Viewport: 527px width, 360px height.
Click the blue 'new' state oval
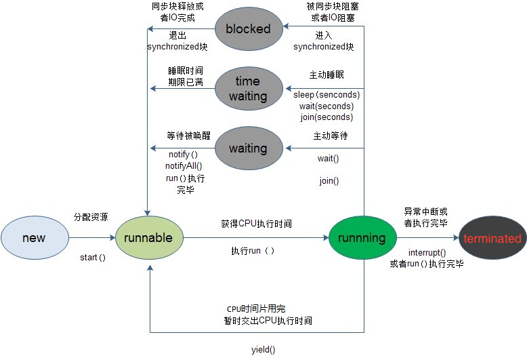pos(34,238)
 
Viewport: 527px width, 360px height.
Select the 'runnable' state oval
pos(149,238)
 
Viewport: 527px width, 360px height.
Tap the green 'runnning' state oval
pos(362,238)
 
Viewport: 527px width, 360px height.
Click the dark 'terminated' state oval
pos(492,238)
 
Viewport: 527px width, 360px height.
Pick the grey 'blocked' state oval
pos(248,28)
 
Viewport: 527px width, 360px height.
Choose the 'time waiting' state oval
pos(248,89)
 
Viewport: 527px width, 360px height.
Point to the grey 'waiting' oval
pos(248,148)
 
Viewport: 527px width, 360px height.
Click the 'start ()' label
pos(93,258)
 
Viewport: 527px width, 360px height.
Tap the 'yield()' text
pos(263,350)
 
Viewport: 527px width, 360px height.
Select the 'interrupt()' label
pos(427,252)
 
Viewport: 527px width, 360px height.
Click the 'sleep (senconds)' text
pos(327,95)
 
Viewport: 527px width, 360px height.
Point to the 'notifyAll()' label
pos(184,165)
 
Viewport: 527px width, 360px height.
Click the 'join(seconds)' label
pos(327,117)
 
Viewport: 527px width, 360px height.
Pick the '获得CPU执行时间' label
pos(256,223)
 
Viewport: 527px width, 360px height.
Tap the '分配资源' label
pos(91,217)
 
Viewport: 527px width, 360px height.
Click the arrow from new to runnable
pos(92,238)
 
